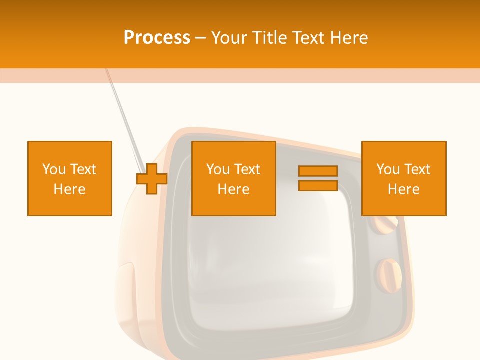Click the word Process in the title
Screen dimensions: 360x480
pyautogui.click(x=157, y=38)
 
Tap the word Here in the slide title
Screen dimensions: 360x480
pyautogui.click(x=347, y=38)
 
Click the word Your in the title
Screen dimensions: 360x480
pyautogui.click(x=229, y=38)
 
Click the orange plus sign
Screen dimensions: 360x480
pyautogui.click(x=152, y=178)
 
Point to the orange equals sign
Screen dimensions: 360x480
pyautogui.click(x=318, y=178)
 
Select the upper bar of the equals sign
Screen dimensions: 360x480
pyautogui.click(x=318, y=171)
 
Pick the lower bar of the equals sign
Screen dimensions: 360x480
pyautogui.click(x=318, y=186)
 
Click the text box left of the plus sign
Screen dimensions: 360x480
pyautogui.click(x=69, y=178)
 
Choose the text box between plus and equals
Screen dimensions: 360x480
pyautogui.click(x=233, y=178)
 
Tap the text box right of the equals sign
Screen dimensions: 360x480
pyautogui.click(x=403, y=178)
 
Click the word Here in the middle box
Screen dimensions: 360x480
pyautogui.click(x=233, y=189)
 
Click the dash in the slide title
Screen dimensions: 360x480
pyautogui.click(x=200, y=38)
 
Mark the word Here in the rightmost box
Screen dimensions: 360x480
pyautogui.click(x=403, y=189)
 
